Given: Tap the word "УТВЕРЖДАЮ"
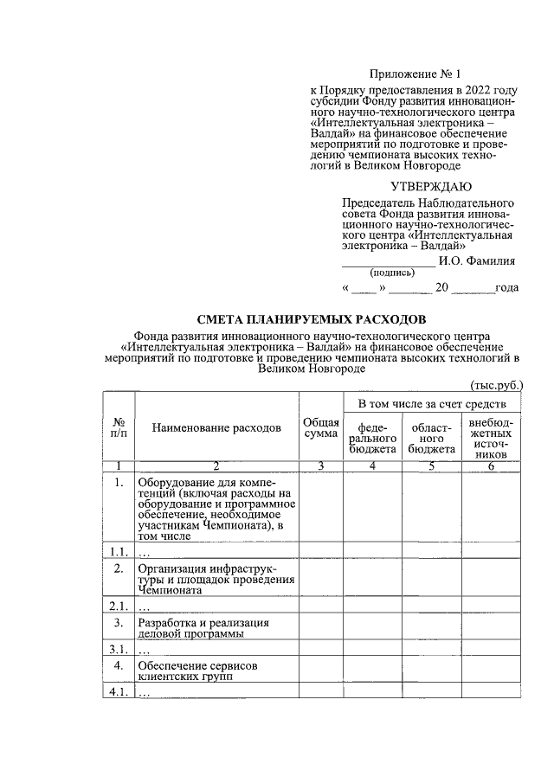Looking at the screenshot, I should click(x=430, y=186).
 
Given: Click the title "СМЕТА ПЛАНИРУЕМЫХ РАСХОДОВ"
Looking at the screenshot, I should click(x=312, y=319).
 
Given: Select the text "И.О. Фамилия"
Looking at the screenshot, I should click(x=478, y=259).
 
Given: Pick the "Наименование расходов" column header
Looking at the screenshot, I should click(x=216, y=427).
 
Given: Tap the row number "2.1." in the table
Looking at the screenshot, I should click(x=119, y=606).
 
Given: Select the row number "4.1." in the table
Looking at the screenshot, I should click(x=119, y=693).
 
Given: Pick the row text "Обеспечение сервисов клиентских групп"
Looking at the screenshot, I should click(x=198, y=671).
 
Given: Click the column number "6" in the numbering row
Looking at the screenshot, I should click(x=491, y=467).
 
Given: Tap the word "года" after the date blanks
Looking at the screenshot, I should click(x=506, y=288).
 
